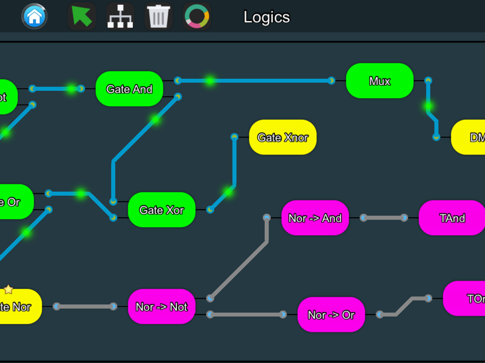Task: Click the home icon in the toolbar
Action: pos(34,16)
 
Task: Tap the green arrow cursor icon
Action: pos(81,16)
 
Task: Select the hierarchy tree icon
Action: pos(120,16)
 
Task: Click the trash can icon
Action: pos(159,16)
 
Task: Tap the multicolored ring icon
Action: pos(197,16)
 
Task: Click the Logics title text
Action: pos(266,17)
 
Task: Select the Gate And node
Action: pos(129,89)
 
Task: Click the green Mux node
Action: pos(380,81)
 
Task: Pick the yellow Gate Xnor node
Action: pos(283,137)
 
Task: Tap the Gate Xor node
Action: pos(162,210)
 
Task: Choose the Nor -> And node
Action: pos(315,218)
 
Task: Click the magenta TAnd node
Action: pos(452,218)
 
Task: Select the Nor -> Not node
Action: pos(162,306)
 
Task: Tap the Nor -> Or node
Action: pos(331,315)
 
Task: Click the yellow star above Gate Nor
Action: pos(8,290)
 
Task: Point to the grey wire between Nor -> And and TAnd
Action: pos(384,218)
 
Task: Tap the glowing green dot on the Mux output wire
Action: pos(428,106)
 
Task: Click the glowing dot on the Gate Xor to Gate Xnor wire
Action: pos(227,192)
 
